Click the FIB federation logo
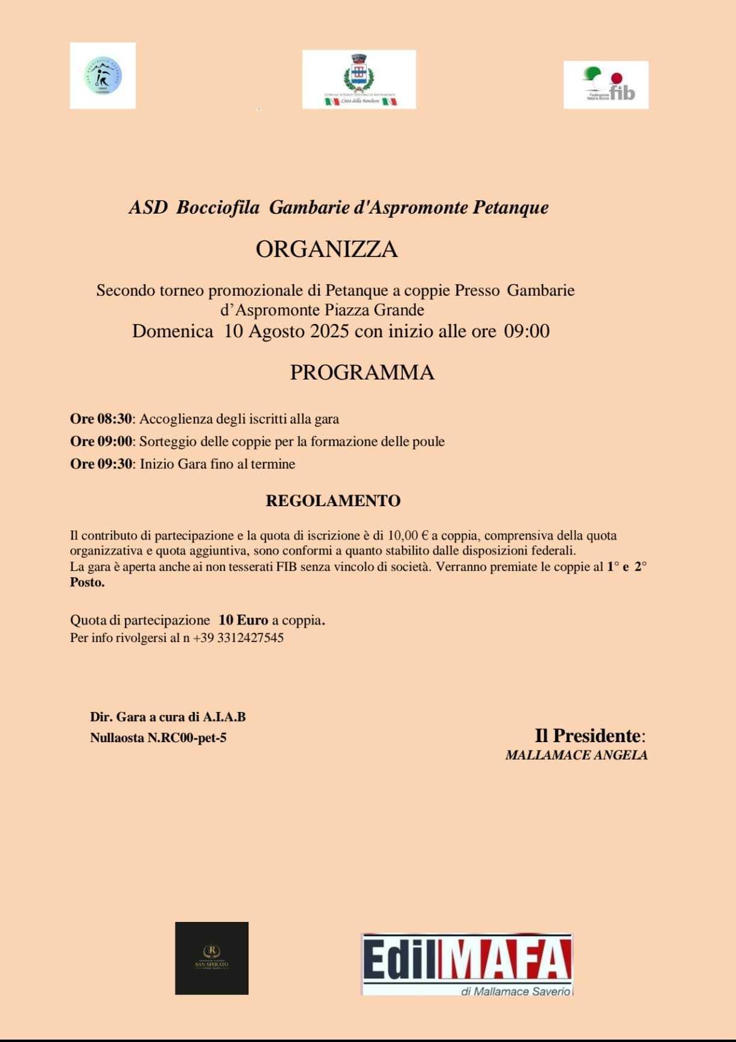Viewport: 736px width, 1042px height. click(606, 84)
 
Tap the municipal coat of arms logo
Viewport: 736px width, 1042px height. click(359, 79)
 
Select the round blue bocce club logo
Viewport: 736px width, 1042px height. click(103, 75)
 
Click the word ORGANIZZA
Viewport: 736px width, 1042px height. click(326, 249)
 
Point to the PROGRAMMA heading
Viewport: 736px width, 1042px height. click(362, 372)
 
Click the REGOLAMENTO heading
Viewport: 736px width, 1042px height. click(333, 501)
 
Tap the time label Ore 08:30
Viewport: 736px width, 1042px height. click(100, 419)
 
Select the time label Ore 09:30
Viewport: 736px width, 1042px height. click(100, 464)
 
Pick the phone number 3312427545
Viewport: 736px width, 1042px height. click(246, 638)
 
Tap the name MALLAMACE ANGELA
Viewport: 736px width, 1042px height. click(576, 755)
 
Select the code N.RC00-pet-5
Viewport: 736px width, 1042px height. click(187, 737)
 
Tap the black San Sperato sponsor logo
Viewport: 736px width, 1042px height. click(212, 958)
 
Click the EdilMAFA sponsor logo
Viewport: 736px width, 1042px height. click(467, 964)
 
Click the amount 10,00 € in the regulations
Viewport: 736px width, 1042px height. click(408, 535)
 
